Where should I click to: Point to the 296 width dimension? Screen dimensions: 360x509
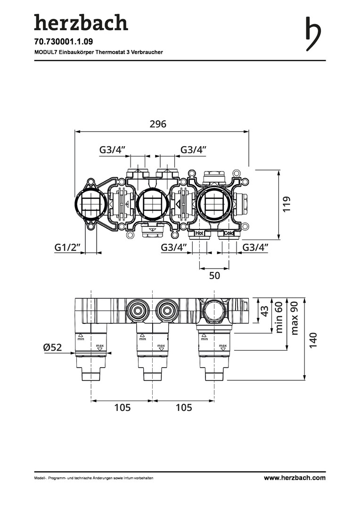coord(158,123)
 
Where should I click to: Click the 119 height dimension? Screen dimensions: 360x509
coord(286,204)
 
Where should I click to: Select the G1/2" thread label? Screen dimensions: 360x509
coord(67,247)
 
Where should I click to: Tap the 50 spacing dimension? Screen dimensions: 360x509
coord(214,276)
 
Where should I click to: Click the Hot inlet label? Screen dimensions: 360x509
coord(199,233)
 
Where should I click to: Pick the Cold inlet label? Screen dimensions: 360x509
coord(229,233)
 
